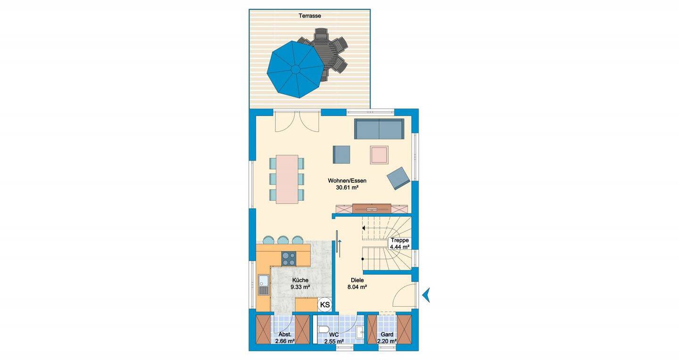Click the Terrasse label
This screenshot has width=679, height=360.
(309, 16)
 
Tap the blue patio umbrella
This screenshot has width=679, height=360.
(295, 69)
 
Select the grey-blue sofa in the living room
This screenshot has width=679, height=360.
(379, 129)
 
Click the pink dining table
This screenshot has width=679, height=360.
(287, 179)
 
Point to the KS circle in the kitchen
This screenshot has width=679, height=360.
(325, 304)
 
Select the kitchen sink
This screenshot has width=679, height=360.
(51, 285)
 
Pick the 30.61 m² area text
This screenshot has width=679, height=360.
(347, 188)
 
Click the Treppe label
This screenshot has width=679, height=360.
(399, 240)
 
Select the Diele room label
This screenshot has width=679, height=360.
(357, 280)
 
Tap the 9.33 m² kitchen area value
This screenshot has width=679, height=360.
(300, 287)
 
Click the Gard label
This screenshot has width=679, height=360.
(387, 335)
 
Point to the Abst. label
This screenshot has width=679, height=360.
(285, 335)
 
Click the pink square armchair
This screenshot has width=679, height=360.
(379, 155)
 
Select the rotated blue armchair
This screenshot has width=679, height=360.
(398, 178)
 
